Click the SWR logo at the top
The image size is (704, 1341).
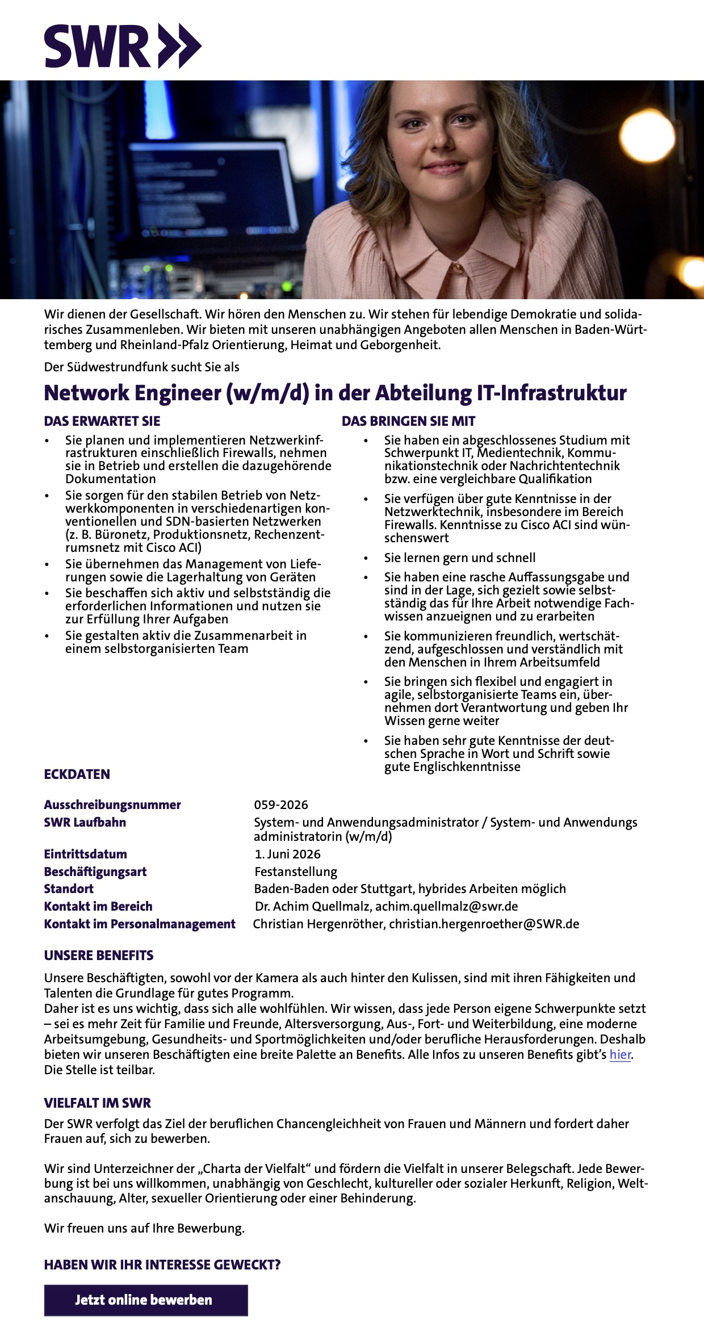pos(123,46)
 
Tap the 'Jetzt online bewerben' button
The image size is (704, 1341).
pos(146,1300)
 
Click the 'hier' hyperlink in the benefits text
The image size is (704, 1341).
pos(620,1055)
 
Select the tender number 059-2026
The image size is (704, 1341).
pos(281,804)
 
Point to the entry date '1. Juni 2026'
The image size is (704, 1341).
pos(288,854)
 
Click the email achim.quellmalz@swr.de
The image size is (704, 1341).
pos(446,906)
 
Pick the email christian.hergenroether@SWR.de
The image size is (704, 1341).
pos(484,924)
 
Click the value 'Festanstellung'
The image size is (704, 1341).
pos(296,871)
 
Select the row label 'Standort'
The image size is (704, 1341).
pos(69,889)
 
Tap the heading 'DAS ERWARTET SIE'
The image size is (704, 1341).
pos(102,421)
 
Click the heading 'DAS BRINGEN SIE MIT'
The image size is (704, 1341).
pos(408,421)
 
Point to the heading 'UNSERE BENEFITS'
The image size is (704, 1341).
pos(99,956)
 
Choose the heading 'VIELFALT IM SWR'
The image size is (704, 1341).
pos(98,1103)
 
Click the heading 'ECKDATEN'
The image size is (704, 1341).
pos(77,774)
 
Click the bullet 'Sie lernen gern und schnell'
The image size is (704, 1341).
pos(460,558)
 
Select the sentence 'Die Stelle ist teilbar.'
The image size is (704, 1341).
pos(99,1070)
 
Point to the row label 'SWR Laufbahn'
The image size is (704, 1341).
pos(85,822)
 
